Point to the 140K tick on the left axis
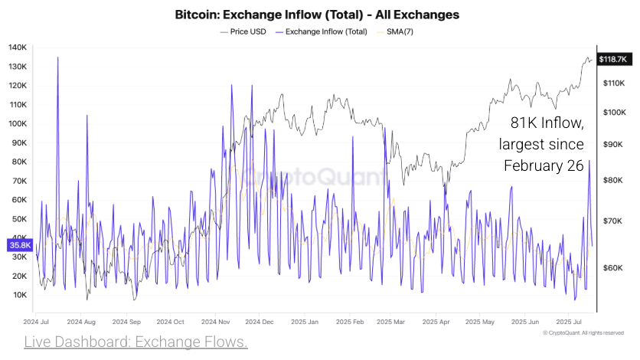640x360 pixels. [18, 47]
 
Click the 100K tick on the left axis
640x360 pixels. [18, 123]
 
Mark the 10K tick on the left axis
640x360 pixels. [20, 295]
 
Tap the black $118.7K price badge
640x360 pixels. [613, 59]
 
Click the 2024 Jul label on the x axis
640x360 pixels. [36, 322]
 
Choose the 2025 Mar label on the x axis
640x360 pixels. [390, 322]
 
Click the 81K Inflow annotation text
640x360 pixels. [547, 123]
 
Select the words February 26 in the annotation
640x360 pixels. [544, 165]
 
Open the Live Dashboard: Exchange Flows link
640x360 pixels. [136, 342]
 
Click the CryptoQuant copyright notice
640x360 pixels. [583, 333]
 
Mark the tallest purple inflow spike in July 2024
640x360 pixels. [57, 58]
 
